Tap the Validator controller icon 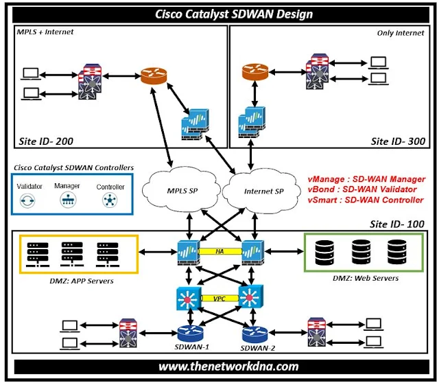29,200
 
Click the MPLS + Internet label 45,32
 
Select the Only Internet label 401,33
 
